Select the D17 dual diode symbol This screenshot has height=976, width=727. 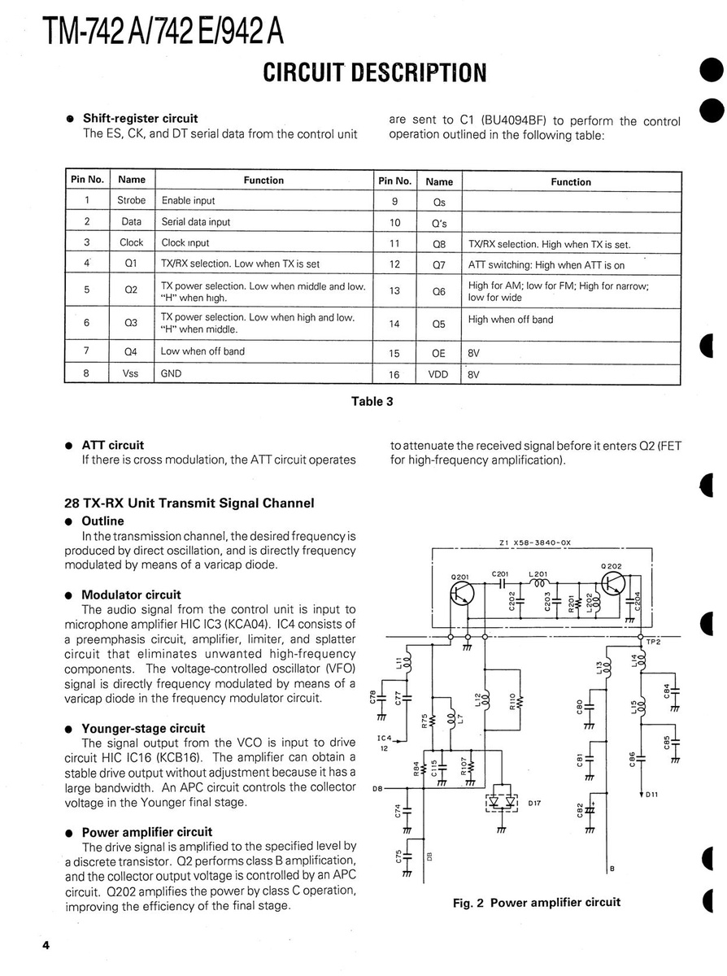(502, 802)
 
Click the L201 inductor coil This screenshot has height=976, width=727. (538, 584)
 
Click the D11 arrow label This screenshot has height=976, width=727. (651, 794)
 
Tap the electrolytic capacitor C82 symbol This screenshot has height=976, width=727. (594, 812)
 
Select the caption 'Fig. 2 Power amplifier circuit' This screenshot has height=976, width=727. (536, 902)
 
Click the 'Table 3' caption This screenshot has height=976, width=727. (372, 401)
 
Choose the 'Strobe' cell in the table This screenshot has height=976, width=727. (131, 200)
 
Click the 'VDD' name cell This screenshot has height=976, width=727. (438, 375)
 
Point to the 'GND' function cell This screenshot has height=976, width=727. (172, 373)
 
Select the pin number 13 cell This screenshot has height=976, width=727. (394, 291)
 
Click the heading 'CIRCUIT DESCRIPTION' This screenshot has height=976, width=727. (375, 72)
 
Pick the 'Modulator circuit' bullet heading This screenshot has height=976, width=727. (131, 595)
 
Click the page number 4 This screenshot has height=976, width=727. (46, 945)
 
